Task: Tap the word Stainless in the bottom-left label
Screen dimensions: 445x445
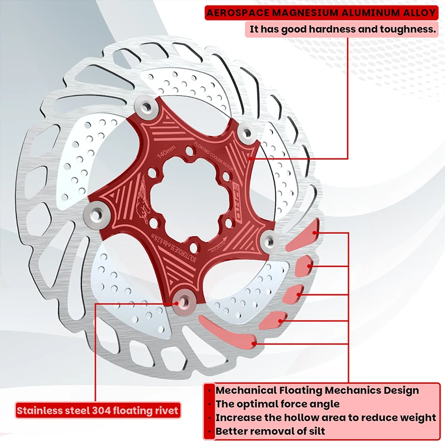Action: [x=39, y=411]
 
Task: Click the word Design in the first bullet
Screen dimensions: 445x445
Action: [x=399, y=390]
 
